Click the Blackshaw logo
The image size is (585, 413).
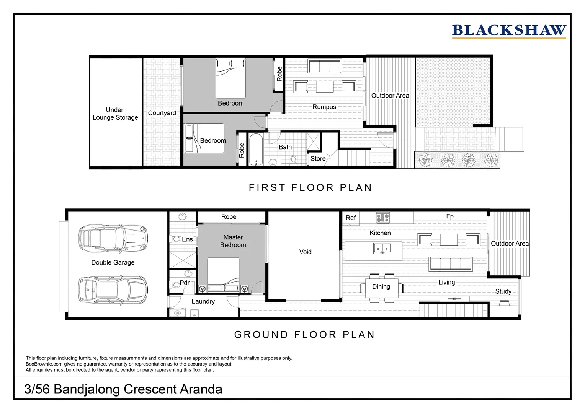[509, 31]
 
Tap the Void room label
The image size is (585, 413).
[305, 252]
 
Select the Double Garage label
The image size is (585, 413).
[113, 262]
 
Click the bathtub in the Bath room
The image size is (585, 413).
[256, 150]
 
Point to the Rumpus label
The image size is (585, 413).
[324, 107]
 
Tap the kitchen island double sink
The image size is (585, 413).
[382, 249]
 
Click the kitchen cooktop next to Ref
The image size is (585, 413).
[382, 218]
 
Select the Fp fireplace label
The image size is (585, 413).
[450, 216]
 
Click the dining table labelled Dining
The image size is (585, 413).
[381, 288]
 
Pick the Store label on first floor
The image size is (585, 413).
[318, 159]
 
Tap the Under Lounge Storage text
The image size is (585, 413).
[115, 114]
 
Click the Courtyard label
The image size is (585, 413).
[162, 113]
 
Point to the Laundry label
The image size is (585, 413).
[203, 301]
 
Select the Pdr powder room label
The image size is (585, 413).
[185, 283]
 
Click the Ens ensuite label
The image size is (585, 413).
[187, 239]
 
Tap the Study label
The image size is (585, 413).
[503, 291]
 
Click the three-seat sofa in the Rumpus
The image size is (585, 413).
[325, 66]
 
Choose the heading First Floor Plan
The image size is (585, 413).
[310, 188]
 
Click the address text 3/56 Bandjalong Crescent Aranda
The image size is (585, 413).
[123, 389]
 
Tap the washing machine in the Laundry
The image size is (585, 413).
[177, 313]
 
